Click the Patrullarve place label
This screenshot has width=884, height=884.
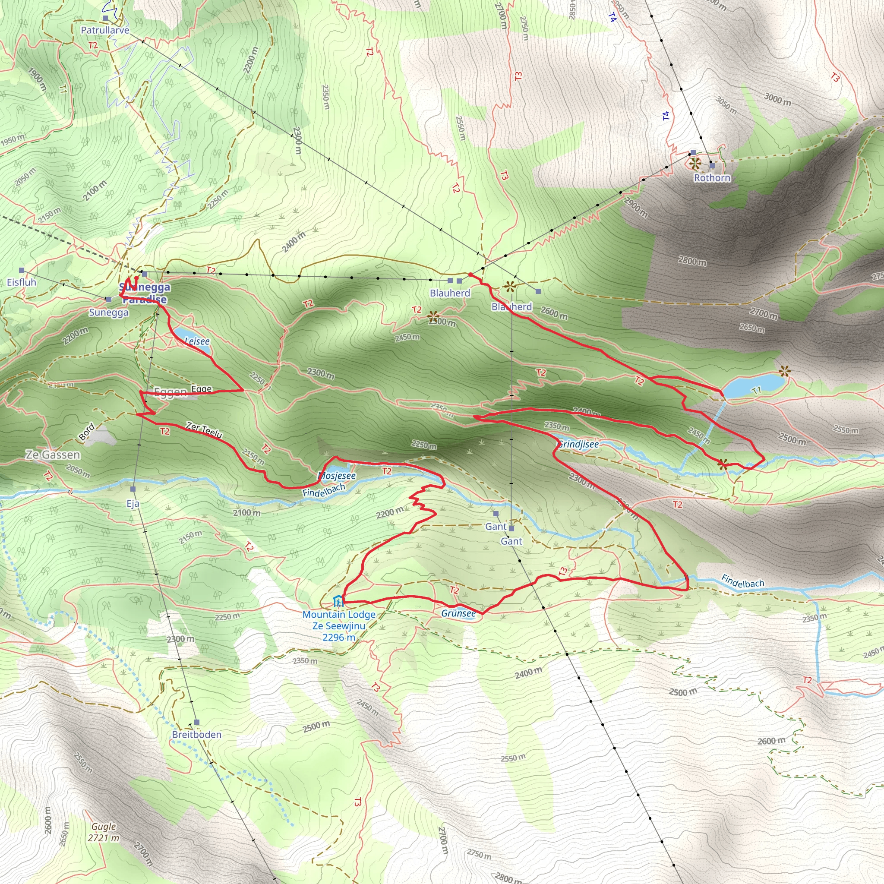point(105,30)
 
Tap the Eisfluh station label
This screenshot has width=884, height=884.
point(22,282)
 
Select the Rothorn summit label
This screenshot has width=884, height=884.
point(712,178)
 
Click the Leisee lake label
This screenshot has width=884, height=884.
point(197,341)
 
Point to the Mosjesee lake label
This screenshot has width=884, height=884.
point(337,476)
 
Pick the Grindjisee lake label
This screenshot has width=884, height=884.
point(578,444)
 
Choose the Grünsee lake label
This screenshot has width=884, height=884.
point(458,614)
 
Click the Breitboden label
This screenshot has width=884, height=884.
point(197,735)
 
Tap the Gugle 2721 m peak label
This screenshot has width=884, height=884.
point(104,832)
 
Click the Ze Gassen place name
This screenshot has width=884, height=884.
point(53,455)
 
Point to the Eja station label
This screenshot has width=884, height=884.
point(133,504)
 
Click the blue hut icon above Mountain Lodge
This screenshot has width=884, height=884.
point(338,600)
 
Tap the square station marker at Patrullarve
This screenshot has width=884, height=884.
point(105,18)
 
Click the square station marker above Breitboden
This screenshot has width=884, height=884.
point(197,723)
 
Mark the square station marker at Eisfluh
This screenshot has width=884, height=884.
point(22,270)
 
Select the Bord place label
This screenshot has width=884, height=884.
point(86,432)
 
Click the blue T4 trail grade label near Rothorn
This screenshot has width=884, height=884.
point(666,116)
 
